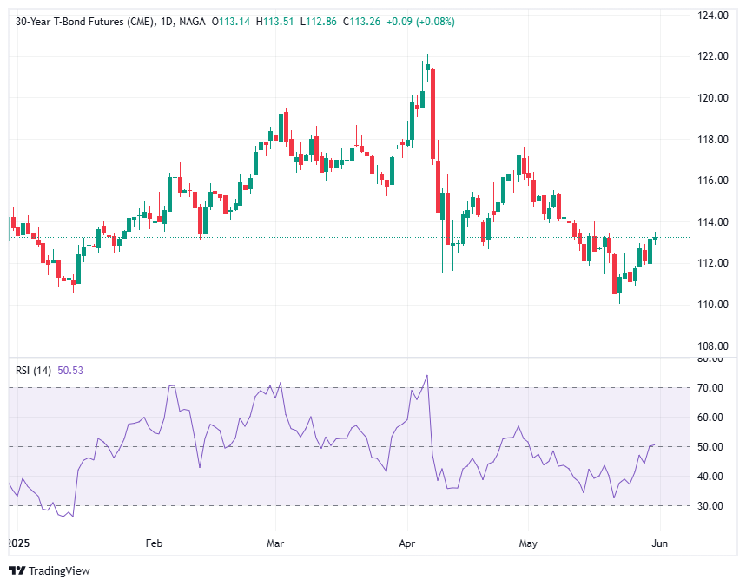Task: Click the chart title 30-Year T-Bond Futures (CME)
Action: (83, 21)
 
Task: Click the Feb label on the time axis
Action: (155, 544)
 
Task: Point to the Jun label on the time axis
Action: (659, 544)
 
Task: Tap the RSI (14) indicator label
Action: (33, 370)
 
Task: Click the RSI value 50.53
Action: (71, 370)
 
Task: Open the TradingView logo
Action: (50, 570)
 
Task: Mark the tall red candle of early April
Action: (432, 113)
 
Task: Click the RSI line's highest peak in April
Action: (427, 376)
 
